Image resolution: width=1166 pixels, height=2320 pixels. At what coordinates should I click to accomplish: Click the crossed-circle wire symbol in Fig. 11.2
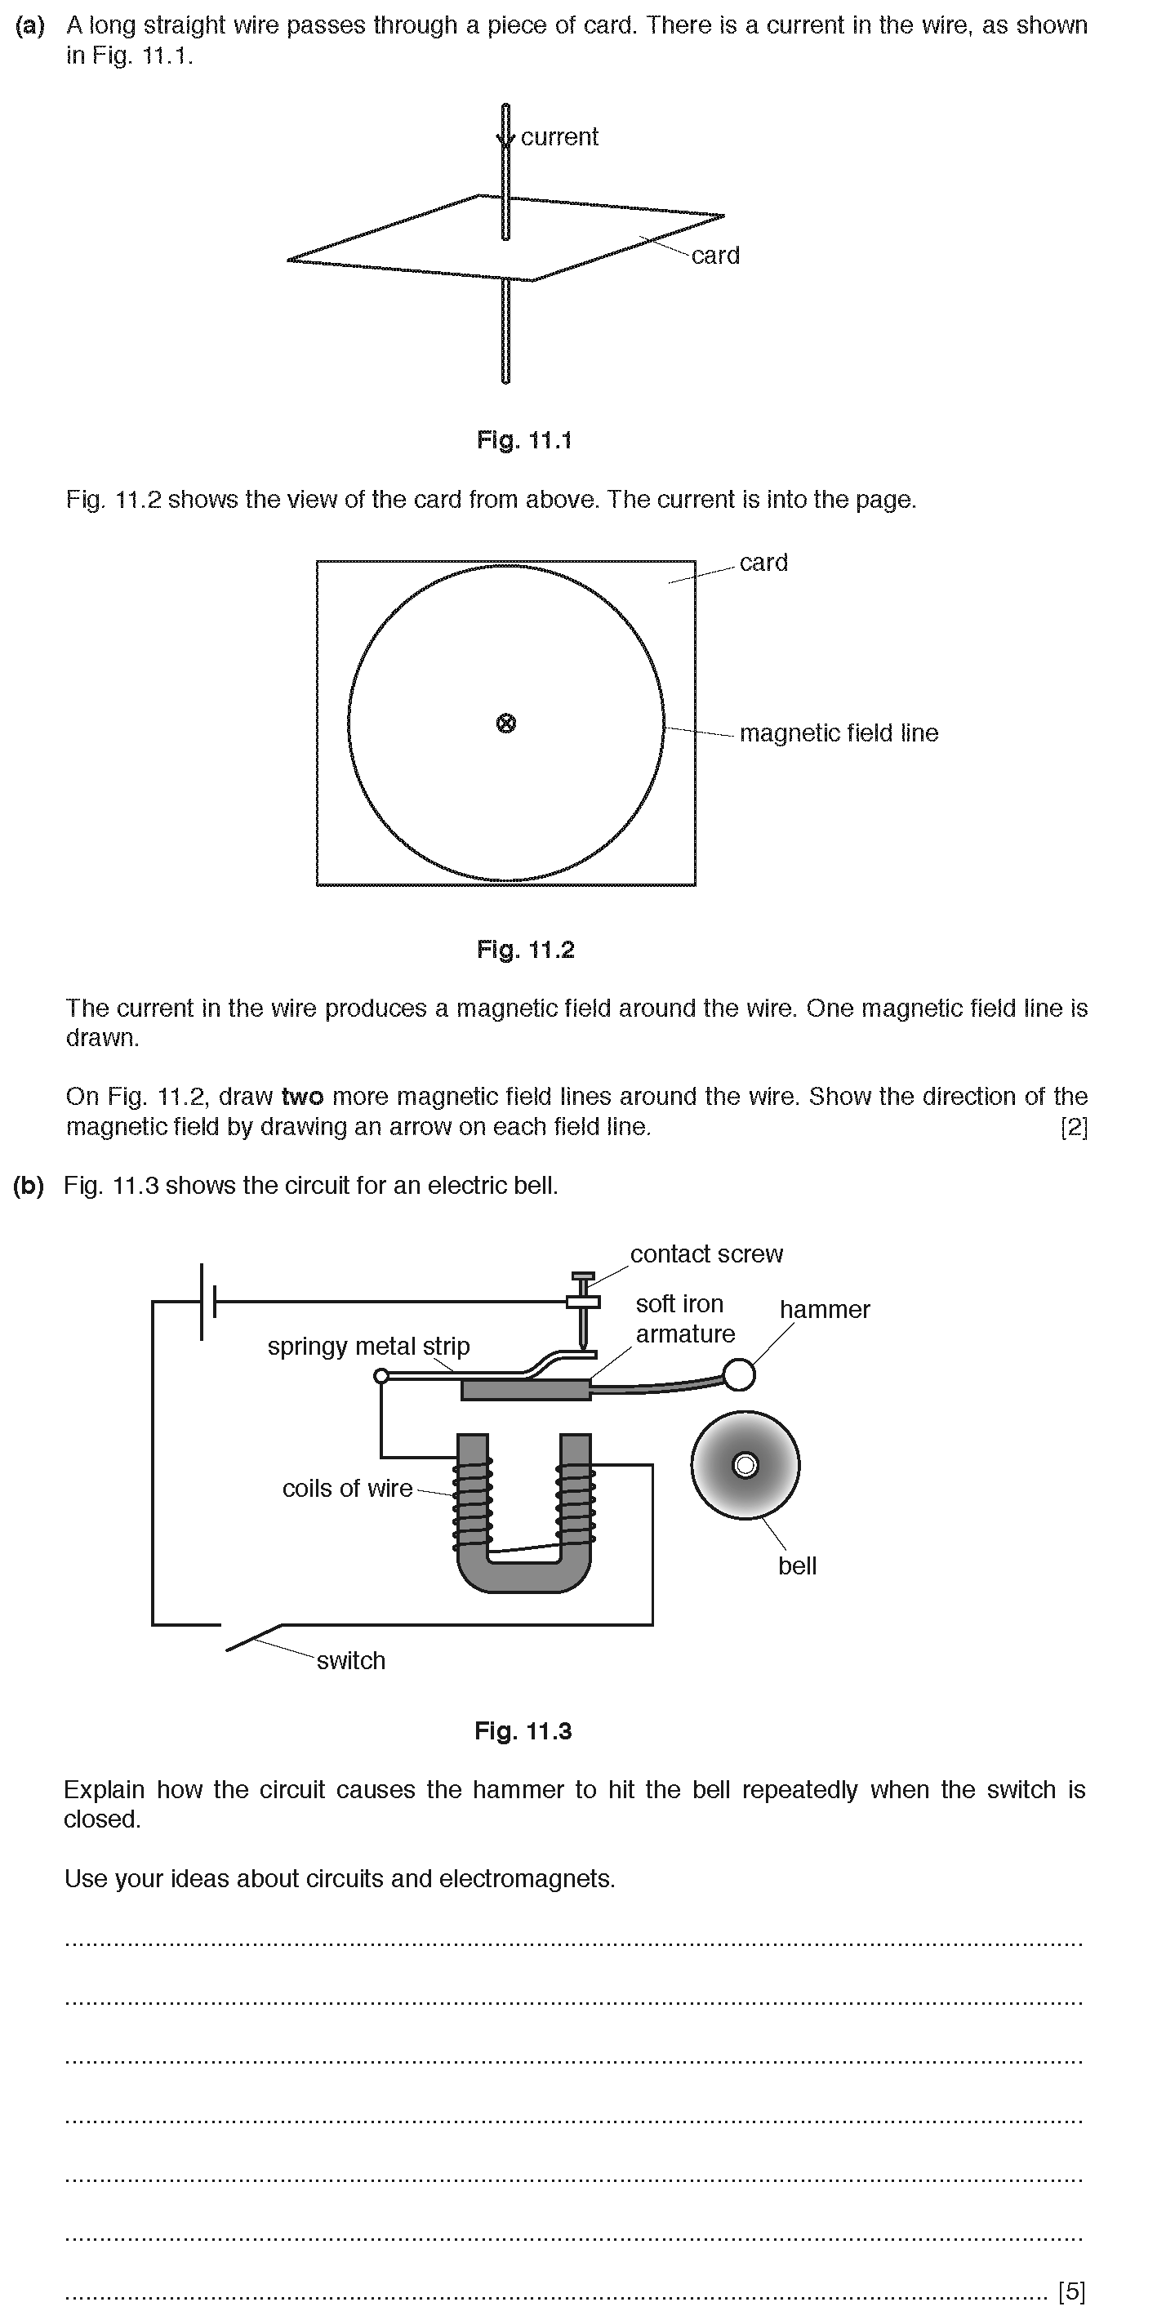point(506,724)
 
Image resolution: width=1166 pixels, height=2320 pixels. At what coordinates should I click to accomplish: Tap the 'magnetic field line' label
point(839,733)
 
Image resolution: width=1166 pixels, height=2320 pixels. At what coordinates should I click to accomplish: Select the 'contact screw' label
point(706,1254)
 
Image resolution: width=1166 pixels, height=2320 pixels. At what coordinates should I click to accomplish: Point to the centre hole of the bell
point(745,1465)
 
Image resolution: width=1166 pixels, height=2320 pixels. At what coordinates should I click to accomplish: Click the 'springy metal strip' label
point(368,1347)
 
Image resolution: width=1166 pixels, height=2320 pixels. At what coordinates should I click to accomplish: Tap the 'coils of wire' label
point(347,1489)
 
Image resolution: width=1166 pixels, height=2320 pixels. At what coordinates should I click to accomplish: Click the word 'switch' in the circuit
point(350,1661)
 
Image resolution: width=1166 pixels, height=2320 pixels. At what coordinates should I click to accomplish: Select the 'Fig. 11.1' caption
point(524,440)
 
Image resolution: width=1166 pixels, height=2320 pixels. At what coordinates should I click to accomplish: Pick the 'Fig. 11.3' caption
point(523,1731)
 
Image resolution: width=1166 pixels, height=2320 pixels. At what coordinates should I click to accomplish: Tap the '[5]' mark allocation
point(1071,2291)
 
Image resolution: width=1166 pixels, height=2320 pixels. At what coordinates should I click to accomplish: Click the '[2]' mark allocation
point(1073,1128)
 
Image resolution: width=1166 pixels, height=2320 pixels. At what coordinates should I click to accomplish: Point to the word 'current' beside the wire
point(559,137)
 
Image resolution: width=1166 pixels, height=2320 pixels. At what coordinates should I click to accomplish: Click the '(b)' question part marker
point(29,1186)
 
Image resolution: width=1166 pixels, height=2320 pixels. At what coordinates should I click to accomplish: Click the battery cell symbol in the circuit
point(208,1302)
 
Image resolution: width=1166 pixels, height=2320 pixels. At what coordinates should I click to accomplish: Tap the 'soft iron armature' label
point(684,1319)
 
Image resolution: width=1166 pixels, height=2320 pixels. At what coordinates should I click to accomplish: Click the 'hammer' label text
point(824,1310)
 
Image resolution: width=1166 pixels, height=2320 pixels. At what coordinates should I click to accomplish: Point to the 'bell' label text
point(797,1566)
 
